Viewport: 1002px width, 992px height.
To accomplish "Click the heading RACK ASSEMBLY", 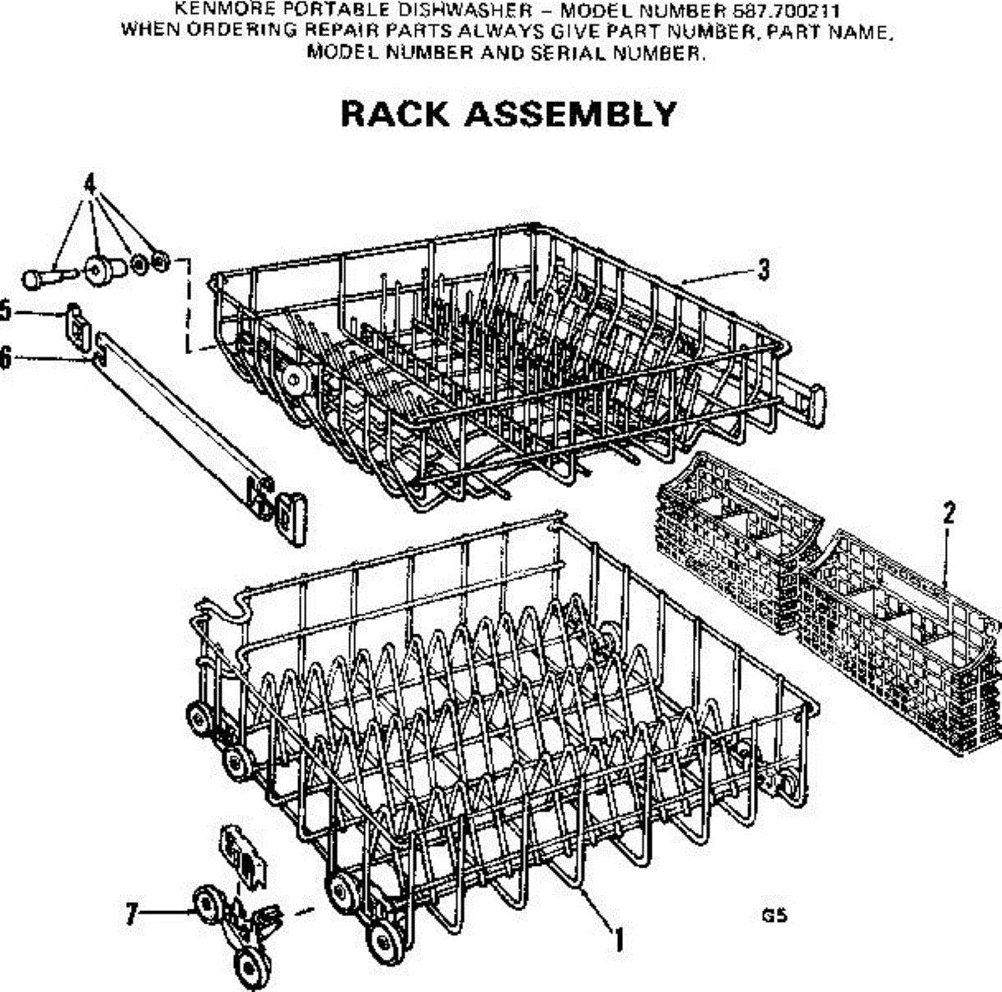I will point(509,114).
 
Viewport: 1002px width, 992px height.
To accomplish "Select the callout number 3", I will point(762,271).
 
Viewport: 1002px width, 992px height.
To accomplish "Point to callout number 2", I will point(949,514).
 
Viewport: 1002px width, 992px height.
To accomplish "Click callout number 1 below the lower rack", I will point(619,940).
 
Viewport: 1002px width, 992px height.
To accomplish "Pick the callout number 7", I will point(130,915).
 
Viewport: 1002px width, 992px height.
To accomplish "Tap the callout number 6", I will point(6,358).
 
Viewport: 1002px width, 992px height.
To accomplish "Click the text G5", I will point(774,915).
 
